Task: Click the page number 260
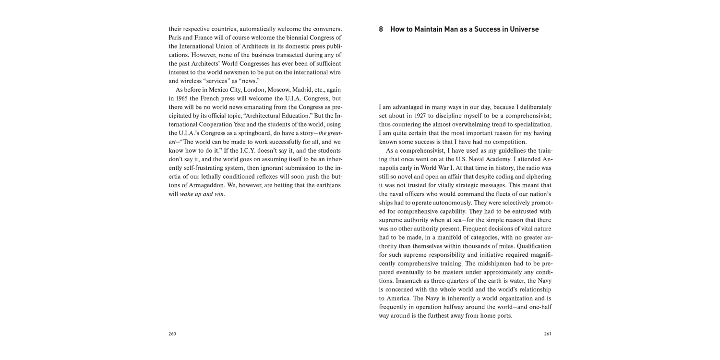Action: (x=172, y=334)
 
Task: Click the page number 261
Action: (x=547, y=334)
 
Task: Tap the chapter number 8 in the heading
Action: (x=381, y=29)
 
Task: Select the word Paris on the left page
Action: (x=176, y=37)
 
